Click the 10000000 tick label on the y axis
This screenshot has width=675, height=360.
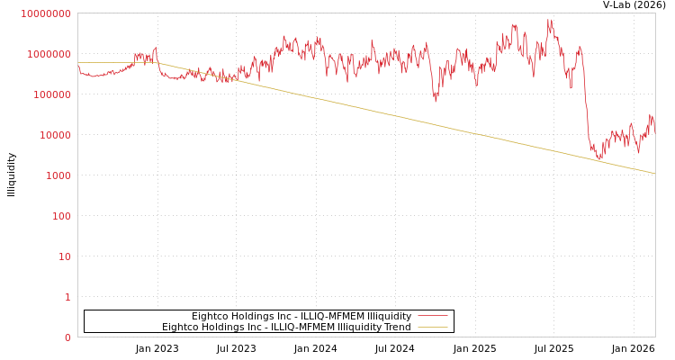pos(45,13)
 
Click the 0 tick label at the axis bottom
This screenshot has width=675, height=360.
pos(67,337)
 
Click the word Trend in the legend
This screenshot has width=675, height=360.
pos(396,327)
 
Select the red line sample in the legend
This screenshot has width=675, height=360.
pos(433,316)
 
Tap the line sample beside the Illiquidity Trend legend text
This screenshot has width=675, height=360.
pos(433,327)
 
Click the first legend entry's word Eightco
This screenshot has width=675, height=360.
pos(210,316)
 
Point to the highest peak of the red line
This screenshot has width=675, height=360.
pos(549,20)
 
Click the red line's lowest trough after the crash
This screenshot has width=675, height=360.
pos(598,159)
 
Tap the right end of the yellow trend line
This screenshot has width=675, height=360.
pos(654,173)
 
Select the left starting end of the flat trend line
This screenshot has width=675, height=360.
pos(78,62)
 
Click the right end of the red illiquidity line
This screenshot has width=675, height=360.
pos(654,131)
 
